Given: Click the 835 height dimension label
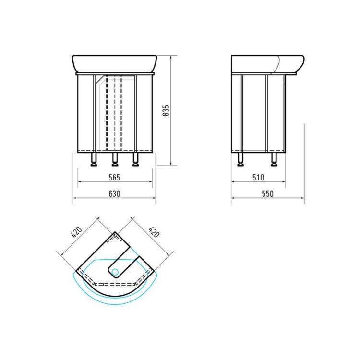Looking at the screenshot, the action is pos(166,110).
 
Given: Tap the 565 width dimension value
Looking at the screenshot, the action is pos(114,178).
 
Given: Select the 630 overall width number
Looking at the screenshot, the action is pos(114,194).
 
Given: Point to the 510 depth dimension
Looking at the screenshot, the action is pos(258,178).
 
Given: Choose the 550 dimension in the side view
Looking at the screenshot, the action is pos(268,194).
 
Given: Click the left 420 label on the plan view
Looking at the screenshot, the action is pos(76,232).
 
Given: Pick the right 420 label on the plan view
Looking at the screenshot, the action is pos(154,232).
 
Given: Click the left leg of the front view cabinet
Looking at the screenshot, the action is pos(94,159).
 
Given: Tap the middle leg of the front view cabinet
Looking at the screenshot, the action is pos(115,159).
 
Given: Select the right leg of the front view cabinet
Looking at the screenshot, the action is pos(136,159).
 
